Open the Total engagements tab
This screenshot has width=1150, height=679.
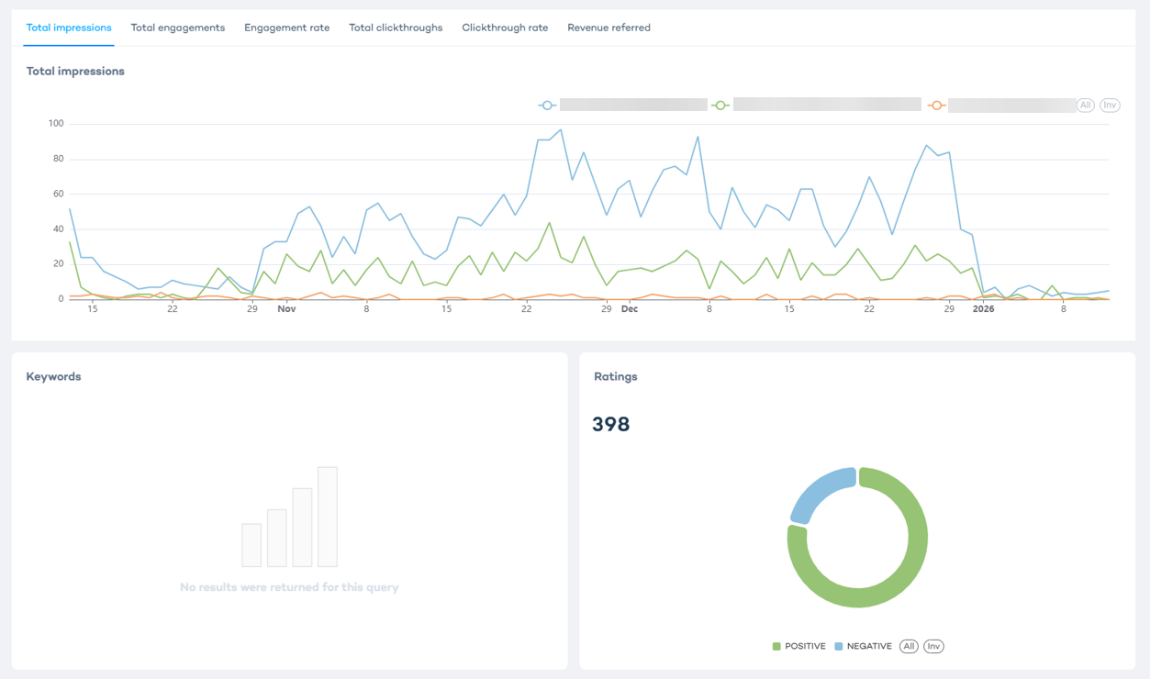(x=177, y=28)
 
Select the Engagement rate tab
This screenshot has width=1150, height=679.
(x=286, y=28)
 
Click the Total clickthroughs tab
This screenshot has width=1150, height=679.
(x=396, y=28)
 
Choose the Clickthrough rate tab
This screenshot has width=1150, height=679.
(x=505, y=28)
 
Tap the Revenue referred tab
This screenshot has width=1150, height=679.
(x=608, y=28)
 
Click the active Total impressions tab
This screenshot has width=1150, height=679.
(x=69, y=28)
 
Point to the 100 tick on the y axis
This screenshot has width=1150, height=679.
(x=56, y=124)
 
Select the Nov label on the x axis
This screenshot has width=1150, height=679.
(x=286, y=309)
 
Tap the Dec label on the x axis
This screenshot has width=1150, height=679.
(x=629, y=309)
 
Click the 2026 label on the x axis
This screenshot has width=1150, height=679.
(x=983, y=309)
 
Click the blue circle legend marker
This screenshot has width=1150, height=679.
(x=547, y=106)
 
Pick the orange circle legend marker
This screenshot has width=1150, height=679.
(x=936, y=106)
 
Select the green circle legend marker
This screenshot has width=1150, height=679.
(x=720, y=106)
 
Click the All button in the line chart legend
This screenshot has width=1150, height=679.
(x=1085, y=106)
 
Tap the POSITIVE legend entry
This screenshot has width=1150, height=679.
(x=799, y=646)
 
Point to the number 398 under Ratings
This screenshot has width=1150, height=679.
(x=611, y=424)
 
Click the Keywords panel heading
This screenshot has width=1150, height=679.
(x=53, y=376)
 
